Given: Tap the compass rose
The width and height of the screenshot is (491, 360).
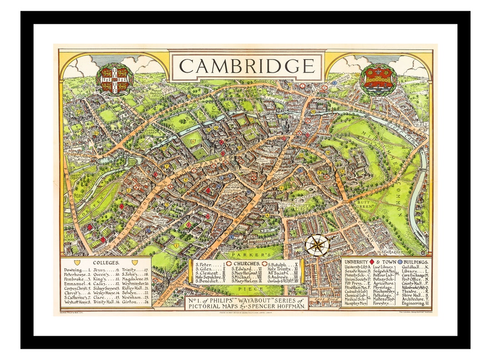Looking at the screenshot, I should pyautogui.click(x=317, y=245).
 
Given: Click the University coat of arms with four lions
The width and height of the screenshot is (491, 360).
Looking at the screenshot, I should pyautogui.click(x=115, y=79).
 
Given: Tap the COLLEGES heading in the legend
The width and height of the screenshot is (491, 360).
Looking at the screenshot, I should pyautogui.click(x=106, y=262).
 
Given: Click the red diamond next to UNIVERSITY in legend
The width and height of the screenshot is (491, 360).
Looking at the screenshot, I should pyautogui.click(x=372, y=262).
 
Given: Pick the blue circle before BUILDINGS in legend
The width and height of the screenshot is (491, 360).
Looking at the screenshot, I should pyautogui.click(x=400, y=262).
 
